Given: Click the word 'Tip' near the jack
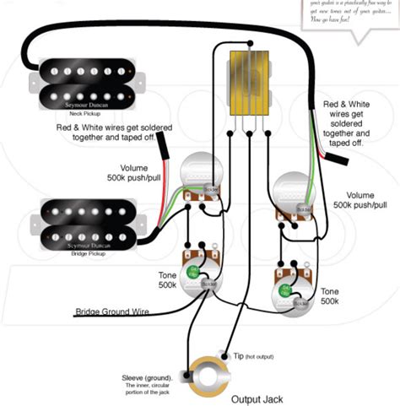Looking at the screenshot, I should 239,358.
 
